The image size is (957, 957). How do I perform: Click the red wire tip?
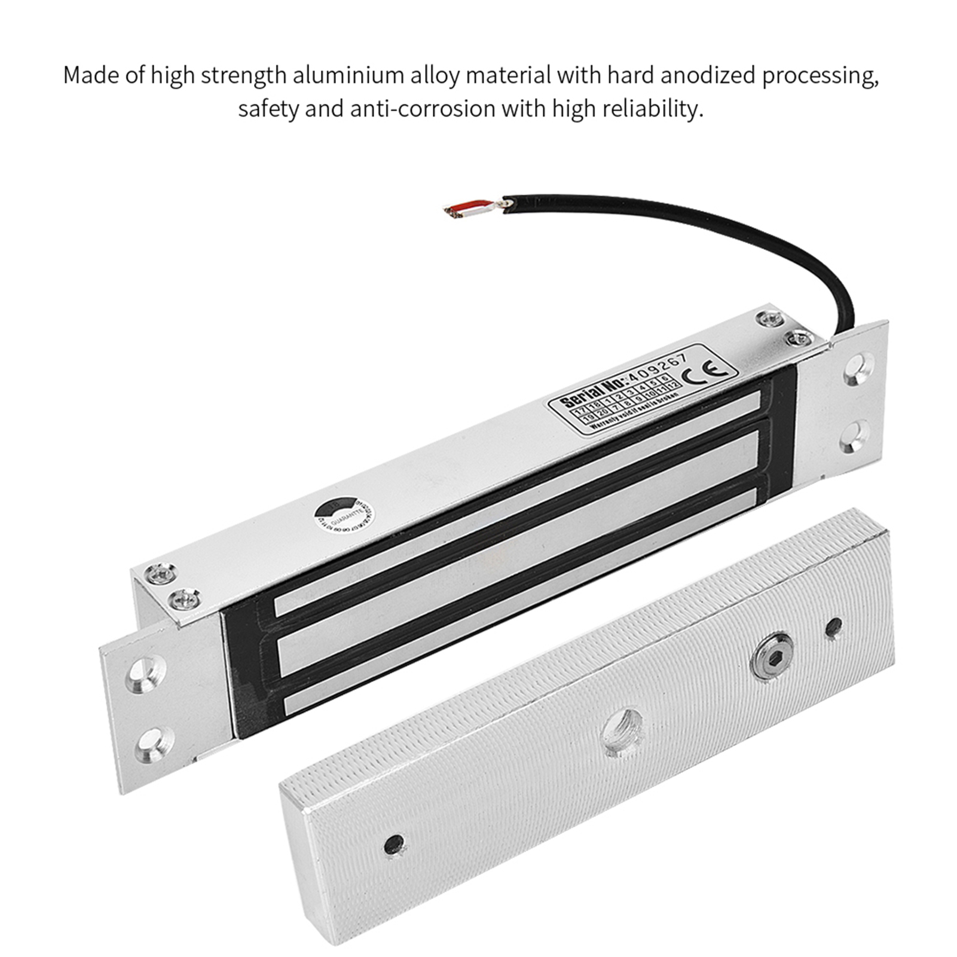pos(469,207)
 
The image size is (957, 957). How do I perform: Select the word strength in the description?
pos(243,76)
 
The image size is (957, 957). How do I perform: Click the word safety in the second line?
pos(267,109)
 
